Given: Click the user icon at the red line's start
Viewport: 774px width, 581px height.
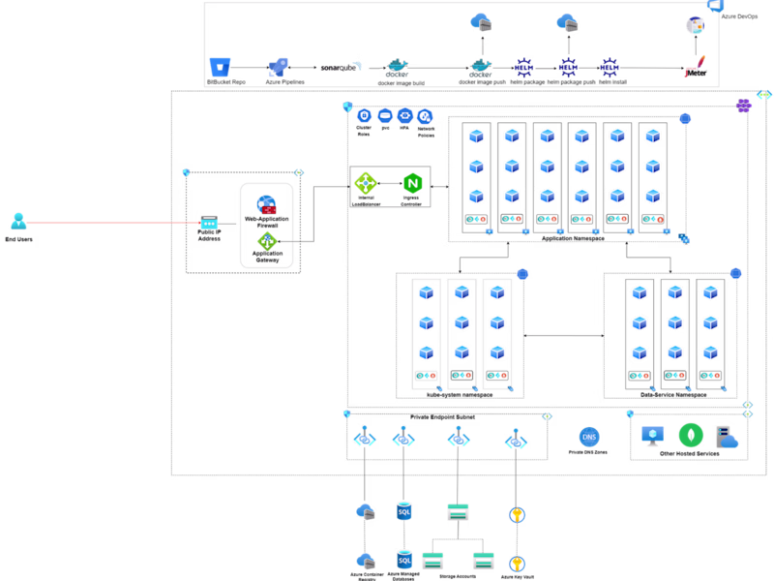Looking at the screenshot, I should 18,222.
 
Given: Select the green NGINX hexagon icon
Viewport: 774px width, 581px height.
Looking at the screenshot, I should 413,183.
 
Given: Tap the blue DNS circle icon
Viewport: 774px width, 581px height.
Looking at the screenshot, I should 589,437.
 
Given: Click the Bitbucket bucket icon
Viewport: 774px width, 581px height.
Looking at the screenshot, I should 221,67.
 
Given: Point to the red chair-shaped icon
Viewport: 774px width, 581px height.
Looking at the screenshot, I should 695,67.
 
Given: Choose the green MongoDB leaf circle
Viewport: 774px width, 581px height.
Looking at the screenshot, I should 691,435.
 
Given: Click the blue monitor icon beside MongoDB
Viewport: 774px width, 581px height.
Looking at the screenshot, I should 653,436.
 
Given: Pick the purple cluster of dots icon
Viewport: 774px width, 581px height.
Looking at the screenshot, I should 744,105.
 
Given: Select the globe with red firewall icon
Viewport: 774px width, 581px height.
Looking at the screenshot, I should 266,205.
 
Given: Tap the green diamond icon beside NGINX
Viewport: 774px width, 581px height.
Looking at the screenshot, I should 366,183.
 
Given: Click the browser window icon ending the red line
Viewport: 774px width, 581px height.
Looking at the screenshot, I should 209,223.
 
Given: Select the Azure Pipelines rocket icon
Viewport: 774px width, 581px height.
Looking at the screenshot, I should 279,67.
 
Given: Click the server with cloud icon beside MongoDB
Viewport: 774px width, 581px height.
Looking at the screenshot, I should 727,438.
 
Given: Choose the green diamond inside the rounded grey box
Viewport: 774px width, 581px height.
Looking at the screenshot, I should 267,241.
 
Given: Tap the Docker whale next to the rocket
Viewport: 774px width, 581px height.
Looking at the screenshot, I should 397,67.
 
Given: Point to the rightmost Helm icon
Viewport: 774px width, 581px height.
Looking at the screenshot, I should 610,67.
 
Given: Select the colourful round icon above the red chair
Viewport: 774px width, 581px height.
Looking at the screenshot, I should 695,25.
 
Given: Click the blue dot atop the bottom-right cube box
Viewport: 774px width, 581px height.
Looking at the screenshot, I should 736,274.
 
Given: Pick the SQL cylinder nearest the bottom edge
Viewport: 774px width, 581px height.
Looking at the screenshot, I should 404,559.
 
